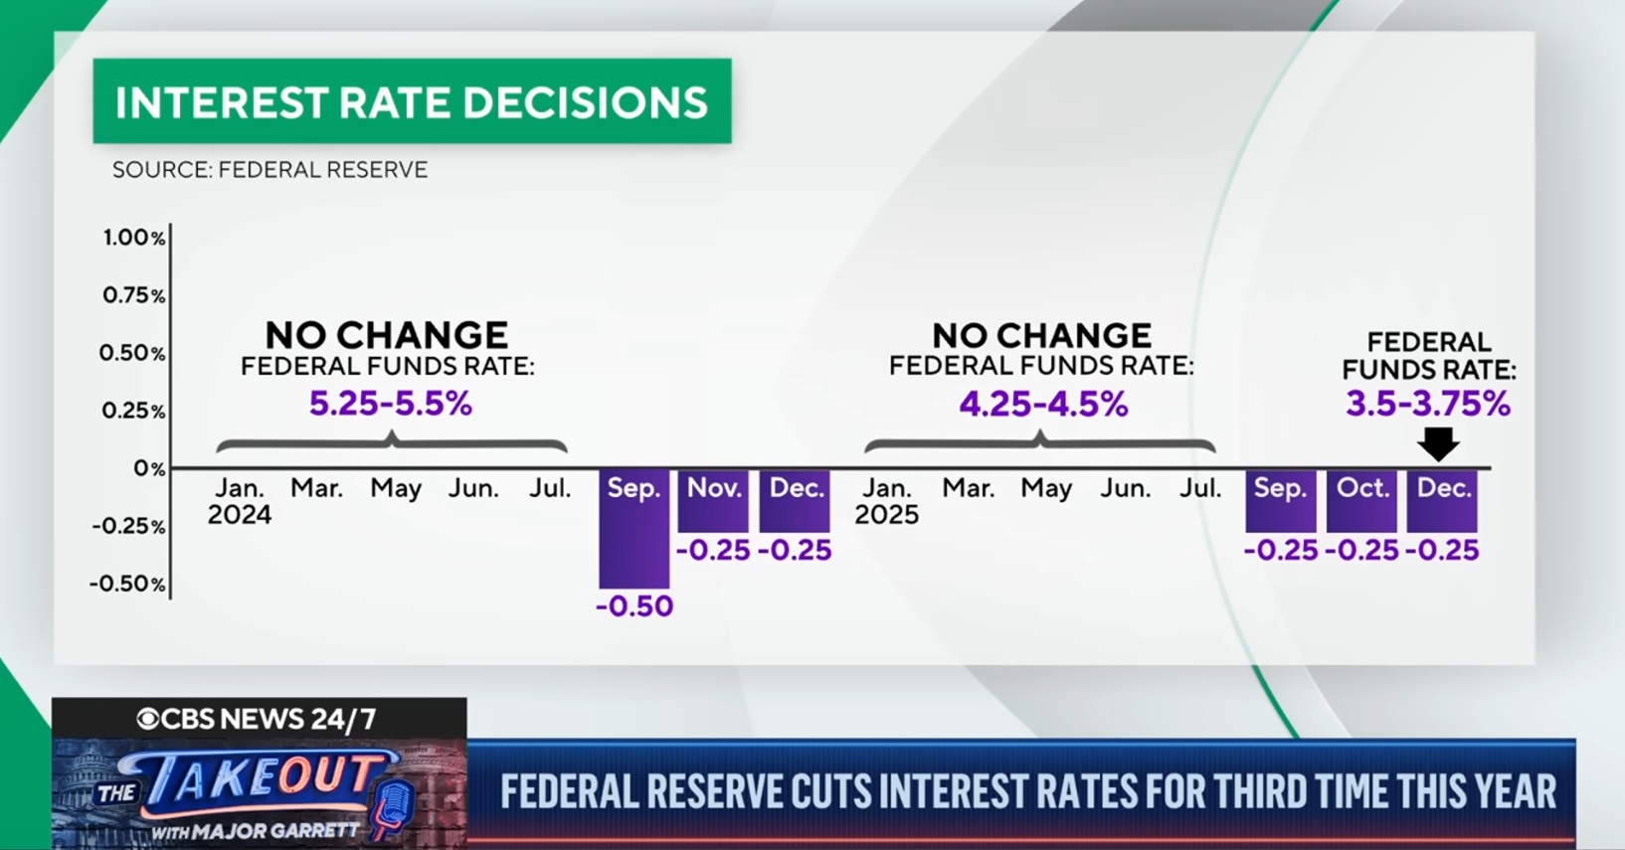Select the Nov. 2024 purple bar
713,501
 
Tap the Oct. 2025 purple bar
1361,501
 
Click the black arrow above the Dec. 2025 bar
1438,443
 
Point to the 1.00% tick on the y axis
133,238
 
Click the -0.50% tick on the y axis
128,584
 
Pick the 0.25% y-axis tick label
133,411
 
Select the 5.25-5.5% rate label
390,404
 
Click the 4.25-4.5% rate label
1043,405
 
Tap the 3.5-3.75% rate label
1428,404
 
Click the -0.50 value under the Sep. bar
634,606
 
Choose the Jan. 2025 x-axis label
886,501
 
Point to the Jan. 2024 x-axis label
240,501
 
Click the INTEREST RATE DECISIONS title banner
412,102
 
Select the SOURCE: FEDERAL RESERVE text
270,170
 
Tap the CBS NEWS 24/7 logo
258,719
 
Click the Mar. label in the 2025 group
968,488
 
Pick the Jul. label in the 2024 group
550,488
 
